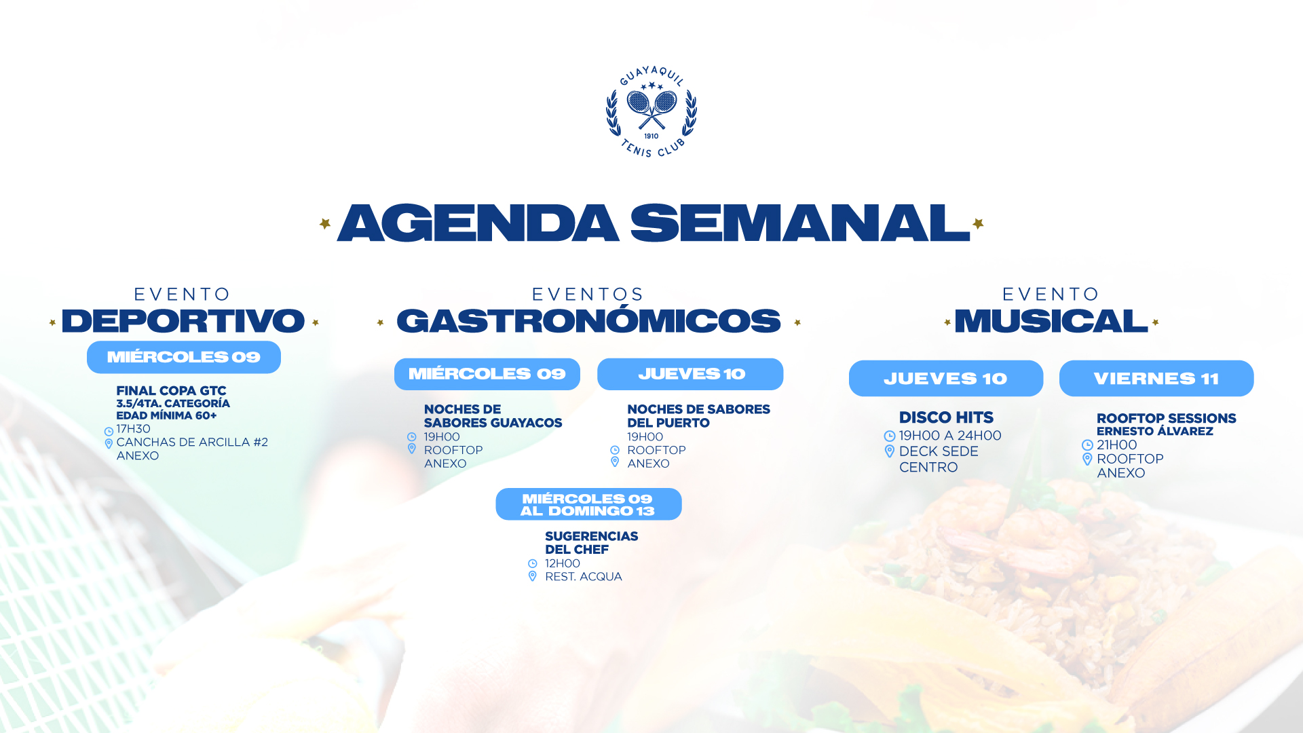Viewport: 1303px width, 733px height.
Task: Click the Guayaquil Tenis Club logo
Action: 651,112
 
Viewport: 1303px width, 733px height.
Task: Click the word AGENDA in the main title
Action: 478,223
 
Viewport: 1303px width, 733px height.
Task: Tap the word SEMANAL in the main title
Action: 800,223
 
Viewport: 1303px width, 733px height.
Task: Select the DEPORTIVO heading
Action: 183,321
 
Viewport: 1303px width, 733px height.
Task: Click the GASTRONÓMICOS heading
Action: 588,321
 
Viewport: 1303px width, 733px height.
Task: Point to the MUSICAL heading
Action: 1051,321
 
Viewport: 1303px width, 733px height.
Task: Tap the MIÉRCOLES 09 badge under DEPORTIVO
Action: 184,357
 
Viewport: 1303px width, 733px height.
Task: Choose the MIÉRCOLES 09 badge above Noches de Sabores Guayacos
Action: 487,374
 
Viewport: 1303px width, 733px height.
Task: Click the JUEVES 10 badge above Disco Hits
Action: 946,378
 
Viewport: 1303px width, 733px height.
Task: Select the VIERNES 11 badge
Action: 1156,378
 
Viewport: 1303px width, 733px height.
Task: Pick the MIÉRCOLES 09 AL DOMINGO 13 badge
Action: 588,504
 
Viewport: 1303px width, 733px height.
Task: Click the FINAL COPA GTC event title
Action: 171,391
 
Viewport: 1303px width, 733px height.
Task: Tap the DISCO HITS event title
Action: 946,417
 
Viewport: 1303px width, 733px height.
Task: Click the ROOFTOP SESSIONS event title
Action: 1167,418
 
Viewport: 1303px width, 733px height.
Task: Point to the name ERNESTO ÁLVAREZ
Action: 1155,431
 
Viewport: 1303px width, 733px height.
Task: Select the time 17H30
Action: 133,429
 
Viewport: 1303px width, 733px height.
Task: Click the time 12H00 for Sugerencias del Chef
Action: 563,563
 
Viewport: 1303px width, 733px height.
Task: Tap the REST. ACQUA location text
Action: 584,576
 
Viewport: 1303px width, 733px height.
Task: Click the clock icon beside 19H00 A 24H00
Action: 890,436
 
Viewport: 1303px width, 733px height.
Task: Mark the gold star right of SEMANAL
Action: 978,223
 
